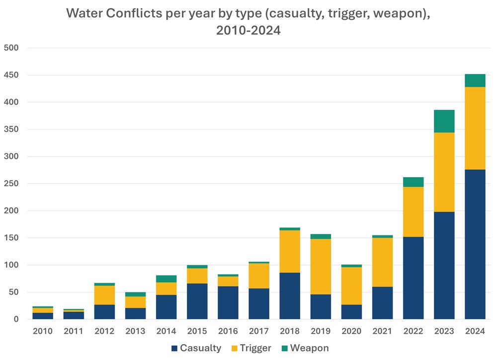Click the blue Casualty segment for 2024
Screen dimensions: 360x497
[475, 244]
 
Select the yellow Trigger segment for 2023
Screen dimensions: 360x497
[444, 172]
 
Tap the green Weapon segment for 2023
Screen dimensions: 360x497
[444, 121]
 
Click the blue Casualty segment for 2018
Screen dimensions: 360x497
[290, 295]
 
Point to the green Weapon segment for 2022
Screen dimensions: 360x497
[413, 182]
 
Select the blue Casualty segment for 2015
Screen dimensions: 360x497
[197, 301]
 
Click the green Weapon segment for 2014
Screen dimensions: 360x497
[166, 279]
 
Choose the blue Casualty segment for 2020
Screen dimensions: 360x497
[351, 311]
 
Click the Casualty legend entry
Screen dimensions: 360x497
[196, 348]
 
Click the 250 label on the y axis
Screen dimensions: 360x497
[10, 184]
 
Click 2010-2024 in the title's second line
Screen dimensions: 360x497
[248, 30]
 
